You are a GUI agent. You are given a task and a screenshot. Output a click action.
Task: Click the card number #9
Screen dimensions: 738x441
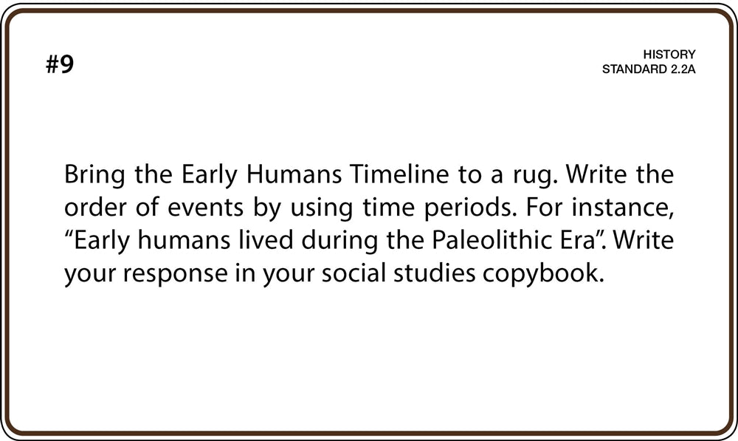click(x=60, y=64)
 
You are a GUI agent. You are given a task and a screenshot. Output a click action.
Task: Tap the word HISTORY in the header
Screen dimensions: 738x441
click(x=669, y=54)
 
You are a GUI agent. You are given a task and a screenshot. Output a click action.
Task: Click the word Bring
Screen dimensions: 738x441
click(x=94, y=175)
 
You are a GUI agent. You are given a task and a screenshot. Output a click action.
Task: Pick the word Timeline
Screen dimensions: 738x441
click(x=399, y=174)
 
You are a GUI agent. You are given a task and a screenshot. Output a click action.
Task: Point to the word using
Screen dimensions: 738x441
click(x=321, y=210)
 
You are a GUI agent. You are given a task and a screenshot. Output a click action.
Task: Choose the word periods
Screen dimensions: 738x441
click(x=468, y=210)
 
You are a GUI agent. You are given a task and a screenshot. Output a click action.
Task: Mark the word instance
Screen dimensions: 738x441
click(x=623, y=208)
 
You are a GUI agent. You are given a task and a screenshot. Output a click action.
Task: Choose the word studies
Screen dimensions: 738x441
click(x=435, y=273)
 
